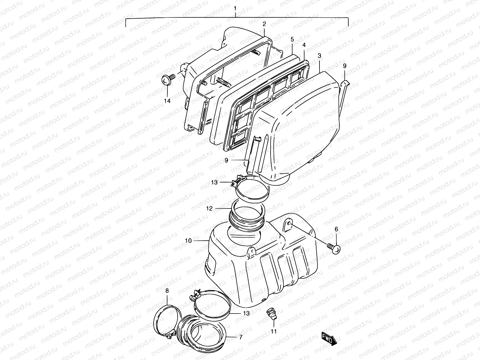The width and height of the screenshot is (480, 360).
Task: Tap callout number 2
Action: click(264, 24)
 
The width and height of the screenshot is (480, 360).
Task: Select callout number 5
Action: click(292, 39)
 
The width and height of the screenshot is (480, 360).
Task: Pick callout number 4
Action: click(304, 45)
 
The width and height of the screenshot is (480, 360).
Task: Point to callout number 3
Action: click(319, 56)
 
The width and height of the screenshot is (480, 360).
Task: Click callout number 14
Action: click(167, 101)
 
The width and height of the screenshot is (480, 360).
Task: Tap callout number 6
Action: click(336, 229)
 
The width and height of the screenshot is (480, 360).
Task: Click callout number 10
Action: click(188, 241)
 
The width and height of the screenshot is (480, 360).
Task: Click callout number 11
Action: click(274, 331)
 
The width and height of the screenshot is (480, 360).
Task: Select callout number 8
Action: click(167, 291)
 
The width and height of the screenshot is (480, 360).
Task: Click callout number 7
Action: click(240, 337)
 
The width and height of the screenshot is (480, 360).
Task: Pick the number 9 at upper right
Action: click(344, 66)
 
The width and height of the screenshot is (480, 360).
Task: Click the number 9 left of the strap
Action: click(226, 160)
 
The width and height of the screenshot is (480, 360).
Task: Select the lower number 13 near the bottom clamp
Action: click(246, 313)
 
